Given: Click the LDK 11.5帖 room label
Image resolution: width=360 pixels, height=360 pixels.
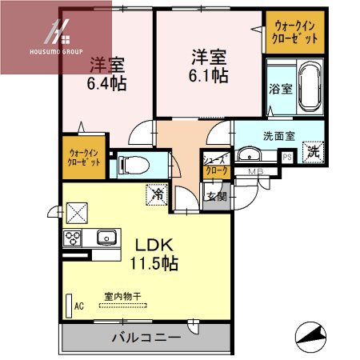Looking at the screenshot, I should pos(150,253).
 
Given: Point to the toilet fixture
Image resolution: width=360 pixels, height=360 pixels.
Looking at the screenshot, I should pos(131,166).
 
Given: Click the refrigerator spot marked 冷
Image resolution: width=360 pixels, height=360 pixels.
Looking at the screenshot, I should pos(158,193).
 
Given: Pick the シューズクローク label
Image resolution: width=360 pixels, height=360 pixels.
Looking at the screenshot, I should pos(216,166).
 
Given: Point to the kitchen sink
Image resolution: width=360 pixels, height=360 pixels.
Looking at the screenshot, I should pos(106,238).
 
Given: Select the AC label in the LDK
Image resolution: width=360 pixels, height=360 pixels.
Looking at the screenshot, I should pos(79,305).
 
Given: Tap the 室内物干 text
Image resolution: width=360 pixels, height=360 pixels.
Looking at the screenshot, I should pos(122,296).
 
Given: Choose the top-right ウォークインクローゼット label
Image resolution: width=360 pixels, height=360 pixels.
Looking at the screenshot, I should pos(296,33).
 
